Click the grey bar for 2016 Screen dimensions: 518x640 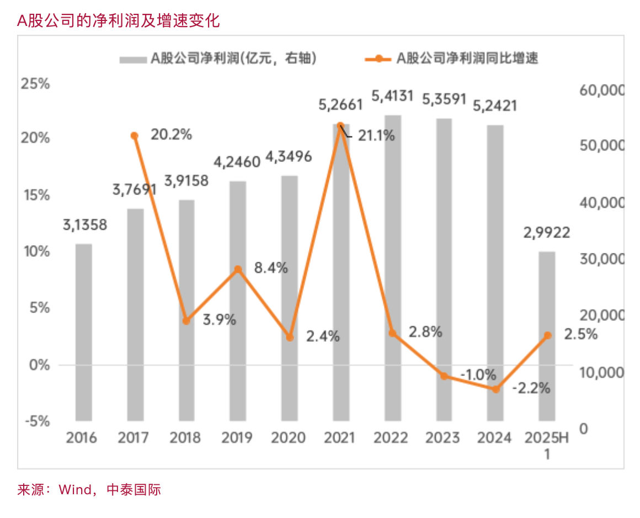(84, 331)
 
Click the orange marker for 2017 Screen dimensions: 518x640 (135, 136)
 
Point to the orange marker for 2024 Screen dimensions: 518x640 (496, 389)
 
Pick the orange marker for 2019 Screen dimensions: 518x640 (238, 269)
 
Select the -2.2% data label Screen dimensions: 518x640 (531, 388)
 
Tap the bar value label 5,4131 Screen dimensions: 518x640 (392, 97)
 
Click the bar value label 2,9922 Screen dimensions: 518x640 (546, 233)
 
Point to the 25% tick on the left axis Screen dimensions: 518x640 (35, 84)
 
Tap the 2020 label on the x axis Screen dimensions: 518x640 (289, 438)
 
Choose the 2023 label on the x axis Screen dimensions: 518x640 (443, 438)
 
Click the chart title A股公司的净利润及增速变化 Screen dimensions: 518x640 (119, 21)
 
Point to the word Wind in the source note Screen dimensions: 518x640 (76, 489)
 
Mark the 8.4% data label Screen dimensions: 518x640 (271, 268)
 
